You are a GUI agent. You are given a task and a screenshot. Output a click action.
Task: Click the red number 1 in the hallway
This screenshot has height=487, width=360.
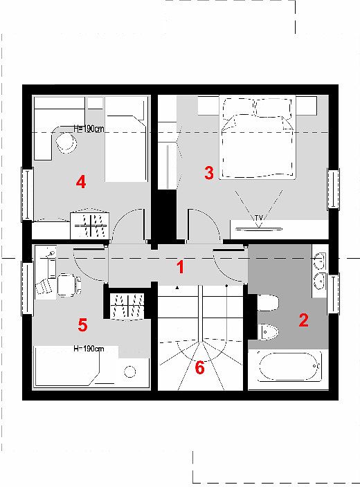[180, 267]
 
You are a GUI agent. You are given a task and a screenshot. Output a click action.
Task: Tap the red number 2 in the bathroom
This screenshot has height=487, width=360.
[303, 320]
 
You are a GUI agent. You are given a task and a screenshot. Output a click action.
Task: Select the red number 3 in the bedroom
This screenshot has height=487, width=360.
[209, 173]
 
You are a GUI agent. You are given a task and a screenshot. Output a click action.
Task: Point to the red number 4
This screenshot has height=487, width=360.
[81, 182]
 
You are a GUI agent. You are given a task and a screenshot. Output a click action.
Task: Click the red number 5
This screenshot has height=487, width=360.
[82, 325]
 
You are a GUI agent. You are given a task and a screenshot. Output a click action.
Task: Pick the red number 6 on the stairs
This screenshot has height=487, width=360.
[199, 368]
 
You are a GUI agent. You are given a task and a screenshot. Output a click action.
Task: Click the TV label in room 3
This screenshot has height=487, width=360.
[259, 218]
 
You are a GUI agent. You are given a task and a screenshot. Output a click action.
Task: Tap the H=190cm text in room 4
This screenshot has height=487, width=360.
[89, 129]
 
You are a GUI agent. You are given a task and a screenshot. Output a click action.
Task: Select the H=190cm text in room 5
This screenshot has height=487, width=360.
[89, 349]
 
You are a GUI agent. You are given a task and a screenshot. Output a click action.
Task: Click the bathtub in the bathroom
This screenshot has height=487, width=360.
[289, 367]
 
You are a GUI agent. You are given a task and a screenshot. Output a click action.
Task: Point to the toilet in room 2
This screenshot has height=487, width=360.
[268, 302]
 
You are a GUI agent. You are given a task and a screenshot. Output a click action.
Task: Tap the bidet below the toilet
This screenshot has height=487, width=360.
[269, 332]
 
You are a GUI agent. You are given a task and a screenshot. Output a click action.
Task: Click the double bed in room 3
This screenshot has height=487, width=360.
[257, 137]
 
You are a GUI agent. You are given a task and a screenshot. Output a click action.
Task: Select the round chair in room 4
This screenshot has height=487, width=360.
[66, 143]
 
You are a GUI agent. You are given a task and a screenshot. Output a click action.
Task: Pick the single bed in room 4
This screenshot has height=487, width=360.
[126, 139]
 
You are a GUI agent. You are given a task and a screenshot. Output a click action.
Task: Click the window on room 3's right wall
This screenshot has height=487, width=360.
[333, 189]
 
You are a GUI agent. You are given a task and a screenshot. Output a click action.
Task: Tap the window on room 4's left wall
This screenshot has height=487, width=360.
[28, 194]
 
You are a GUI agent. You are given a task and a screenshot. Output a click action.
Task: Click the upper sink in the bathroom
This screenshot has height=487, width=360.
[319, 261]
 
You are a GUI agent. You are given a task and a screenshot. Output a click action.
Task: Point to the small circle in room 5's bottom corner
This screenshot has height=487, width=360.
[130, 371]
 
